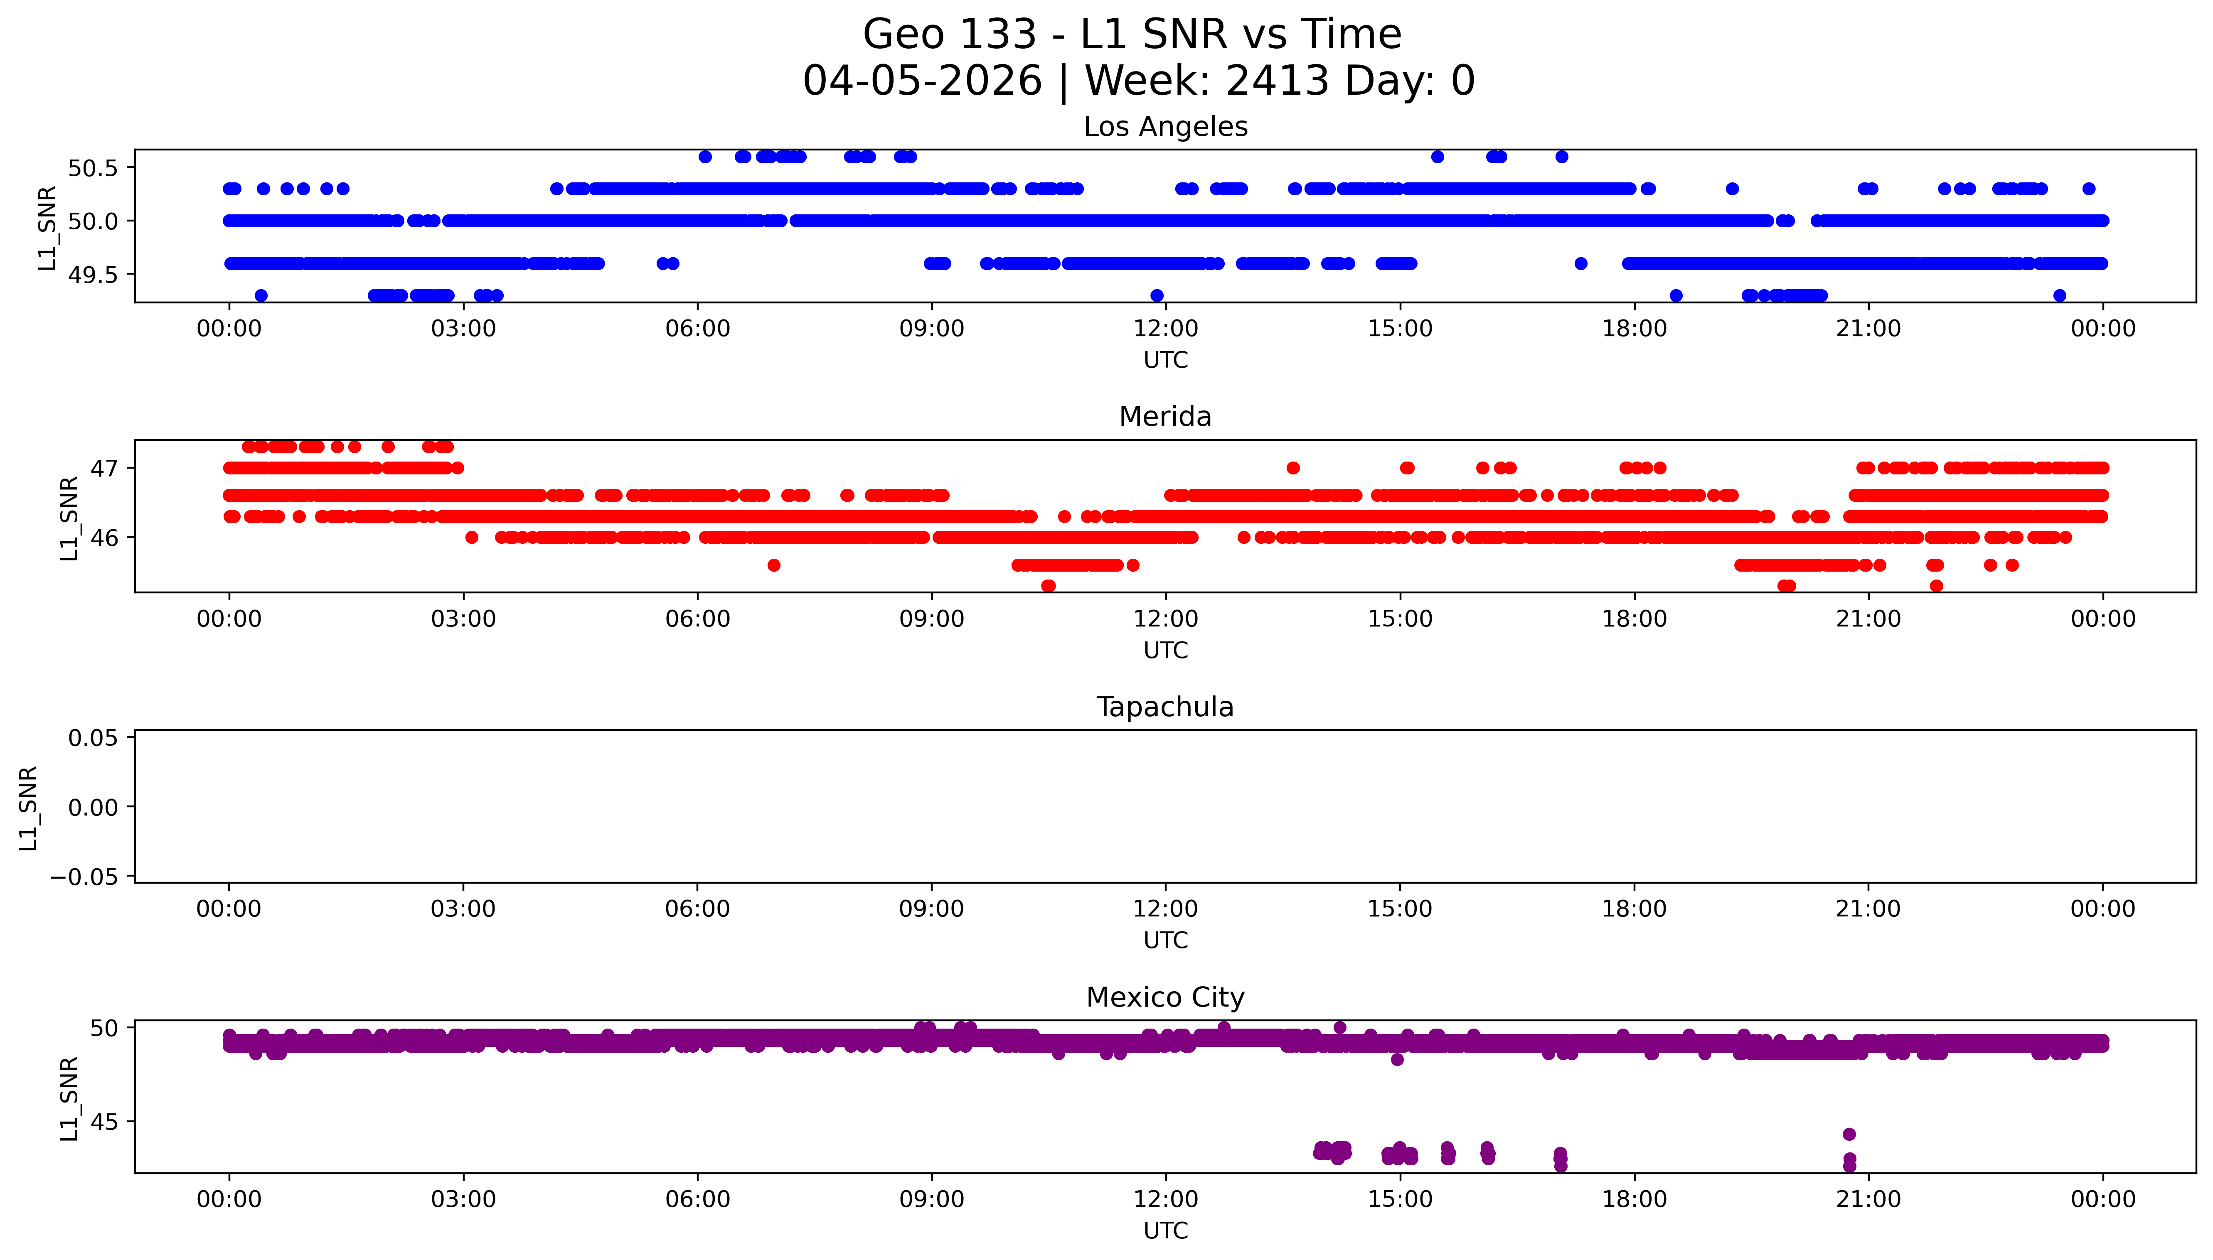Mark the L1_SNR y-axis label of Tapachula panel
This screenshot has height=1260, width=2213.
[29, 808]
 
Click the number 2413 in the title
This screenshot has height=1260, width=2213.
[1277, 81]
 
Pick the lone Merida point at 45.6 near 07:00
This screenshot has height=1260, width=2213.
[774, 565]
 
